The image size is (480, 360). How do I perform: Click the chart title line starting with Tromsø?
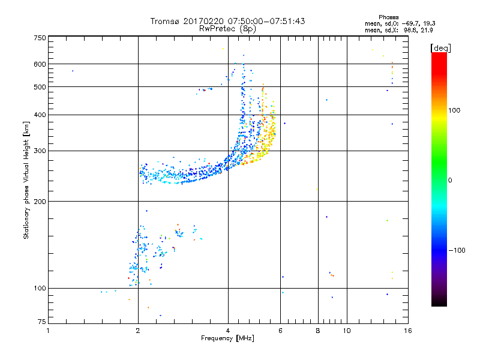[227, 21]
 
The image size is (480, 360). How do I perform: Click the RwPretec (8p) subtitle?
[227, 28]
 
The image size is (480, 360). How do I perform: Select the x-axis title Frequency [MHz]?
[227, 338]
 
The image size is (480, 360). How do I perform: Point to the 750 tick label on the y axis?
[39, 38]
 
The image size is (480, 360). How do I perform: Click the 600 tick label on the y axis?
[39, 64]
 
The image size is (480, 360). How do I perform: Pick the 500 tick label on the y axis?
[39, 87]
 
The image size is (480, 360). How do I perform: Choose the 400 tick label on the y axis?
[39, 115]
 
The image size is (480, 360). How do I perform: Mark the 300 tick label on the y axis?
[39, 151]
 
